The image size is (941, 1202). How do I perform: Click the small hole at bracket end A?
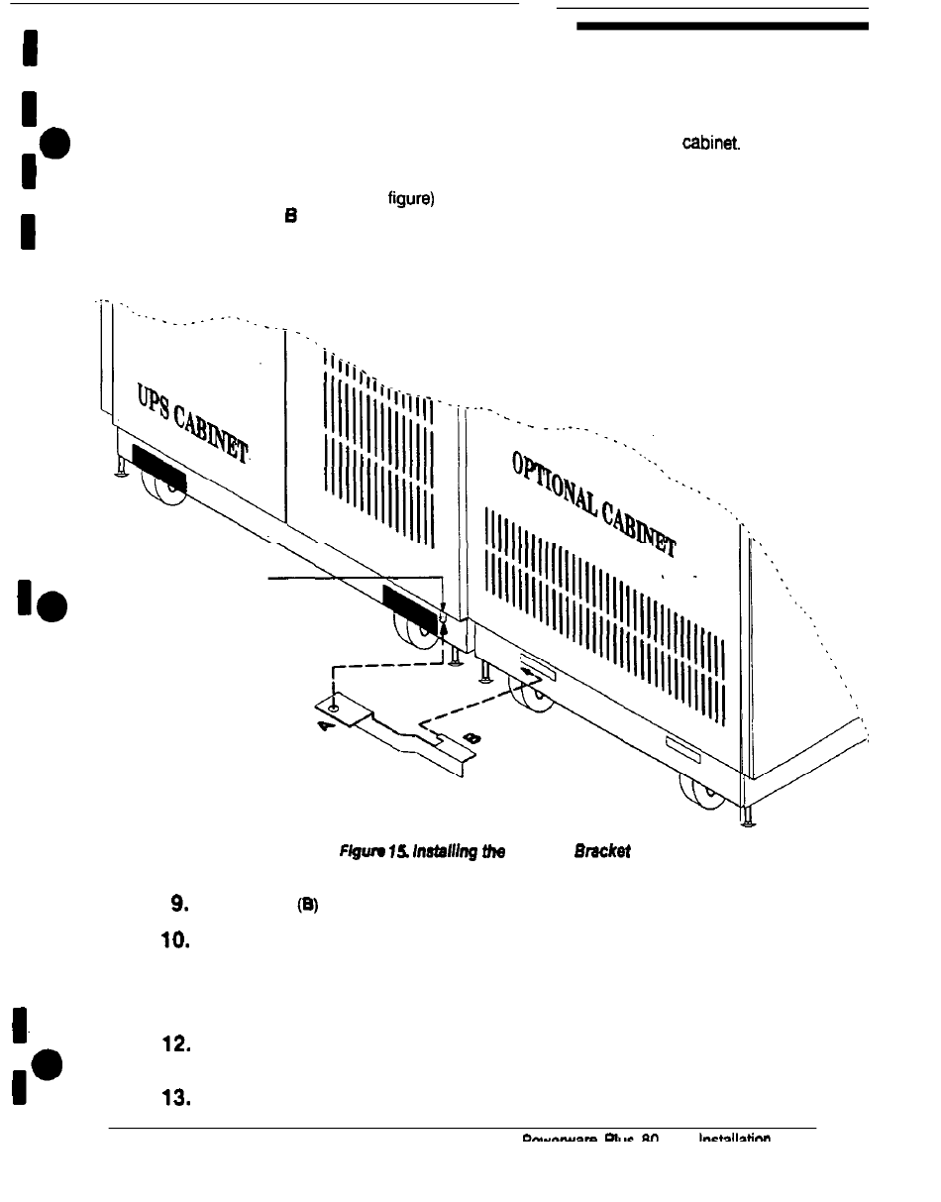click(336, 708)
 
